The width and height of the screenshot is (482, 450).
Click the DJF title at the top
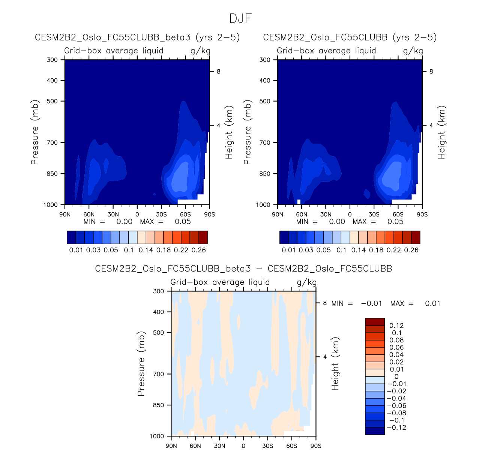pos(240,18)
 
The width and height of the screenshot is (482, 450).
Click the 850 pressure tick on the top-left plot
pos(53,174)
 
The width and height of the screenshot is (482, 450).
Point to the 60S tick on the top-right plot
pos(398,214)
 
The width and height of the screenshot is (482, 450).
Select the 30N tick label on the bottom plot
pos(219,446)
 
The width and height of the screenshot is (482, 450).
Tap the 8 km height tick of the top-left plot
pos(218,72)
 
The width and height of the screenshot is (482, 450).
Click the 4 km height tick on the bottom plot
pos(325,357)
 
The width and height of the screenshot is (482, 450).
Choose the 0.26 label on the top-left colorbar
pos(199,250)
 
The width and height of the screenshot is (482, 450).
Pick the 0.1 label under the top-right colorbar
pos(341,250)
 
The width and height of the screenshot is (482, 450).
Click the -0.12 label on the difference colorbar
pos(396,427)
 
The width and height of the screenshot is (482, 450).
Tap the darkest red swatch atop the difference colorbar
pos(375,322)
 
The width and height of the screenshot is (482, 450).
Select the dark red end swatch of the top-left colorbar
pos(203,237)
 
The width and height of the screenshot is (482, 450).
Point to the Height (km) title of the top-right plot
pos(441,132)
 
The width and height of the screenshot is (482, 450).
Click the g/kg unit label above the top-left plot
pos(200,51)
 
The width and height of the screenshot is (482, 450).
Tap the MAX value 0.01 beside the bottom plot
pos(432,303)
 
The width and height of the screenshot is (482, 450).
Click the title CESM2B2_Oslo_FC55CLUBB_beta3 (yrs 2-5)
pos(137,37)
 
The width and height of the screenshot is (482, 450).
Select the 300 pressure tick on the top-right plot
pos(265,60)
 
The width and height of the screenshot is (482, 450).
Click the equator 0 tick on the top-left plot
pos(137,214)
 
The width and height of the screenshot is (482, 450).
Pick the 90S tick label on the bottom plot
pos(316,446)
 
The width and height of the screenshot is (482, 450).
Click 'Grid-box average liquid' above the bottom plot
pos(220,282)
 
